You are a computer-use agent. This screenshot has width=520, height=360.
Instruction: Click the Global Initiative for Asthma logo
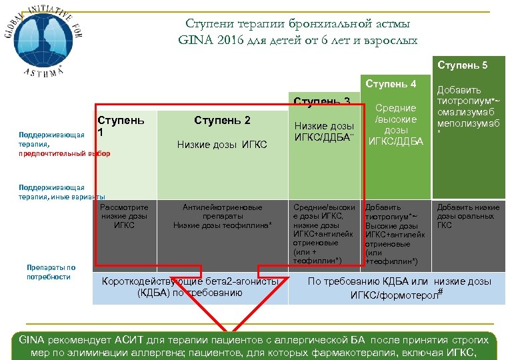[41, 41]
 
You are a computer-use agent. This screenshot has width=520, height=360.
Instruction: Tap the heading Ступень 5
[463, 65]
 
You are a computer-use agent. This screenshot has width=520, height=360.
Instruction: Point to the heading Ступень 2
[222, 120]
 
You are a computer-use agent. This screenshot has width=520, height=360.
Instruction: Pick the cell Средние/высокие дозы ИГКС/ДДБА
[396, 123]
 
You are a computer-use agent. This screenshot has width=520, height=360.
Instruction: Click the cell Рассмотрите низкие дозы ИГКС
[124, 216]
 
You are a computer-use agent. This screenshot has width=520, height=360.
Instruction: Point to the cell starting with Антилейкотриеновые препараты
[223, 216]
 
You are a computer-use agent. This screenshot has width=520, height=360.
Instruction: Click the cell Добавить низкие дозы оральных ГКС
[468, 216]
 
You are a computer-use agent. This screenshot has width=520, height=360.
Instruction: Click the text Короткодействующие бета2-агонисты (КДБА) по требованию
[190, 287]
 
